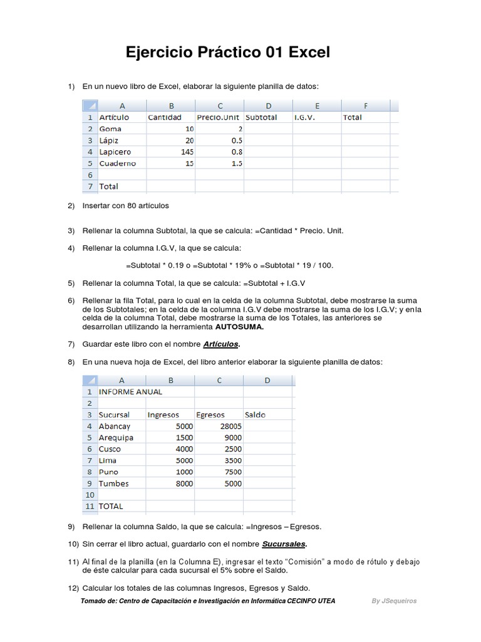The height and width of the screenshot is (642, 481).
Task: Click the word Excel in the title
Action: tap(309, 53)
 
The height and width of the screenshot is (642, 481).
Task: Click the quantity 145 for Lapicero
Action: tap(185, 152)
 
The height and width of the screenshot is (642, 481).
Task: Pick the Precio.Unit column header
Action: tap(218, 117)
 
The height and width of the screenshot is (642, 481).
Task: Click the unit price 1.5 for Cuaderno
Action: tap(236, 163)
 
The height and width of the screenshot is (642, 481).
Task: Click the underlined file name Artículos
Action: tap(221, 344)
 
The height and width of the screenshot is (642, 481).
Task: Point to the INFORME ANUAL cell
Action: tap(130, 392)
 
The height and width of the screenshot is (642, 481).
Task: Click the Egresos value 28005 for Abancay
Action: tap(229, 426)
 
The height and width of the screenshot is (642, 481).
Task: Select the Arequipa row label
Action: tap(116, 438)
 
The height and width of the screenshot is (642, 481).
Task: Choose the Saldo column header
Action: tap(256, 414)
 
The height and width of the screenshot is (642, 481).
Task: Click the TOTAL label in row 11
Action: tap(111, 506)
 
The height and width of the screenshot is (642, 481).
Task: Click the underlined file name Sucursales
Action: tap(284, 544)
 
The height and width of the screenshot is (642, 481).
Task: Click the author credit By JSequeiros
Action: tap(394, 601)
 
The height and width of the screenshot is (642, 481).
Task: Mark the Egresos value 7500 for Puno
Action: tap(232, 472)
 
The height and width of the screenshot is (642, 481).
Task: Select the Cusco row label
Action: tap(110, 449)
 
